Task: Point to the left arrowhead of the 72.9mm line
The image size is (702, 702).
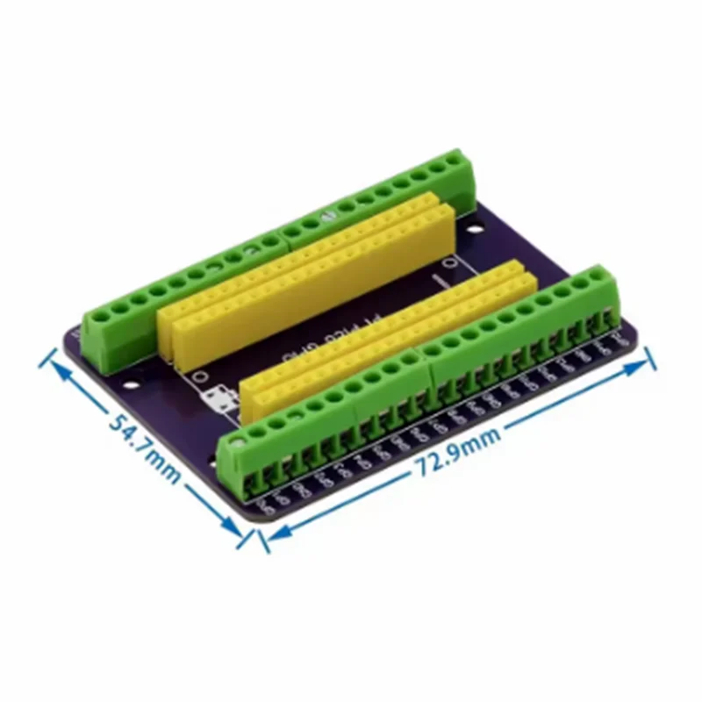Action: pos(271,536)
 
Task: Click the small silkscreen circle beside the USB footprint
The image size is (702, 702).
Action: pos(200,376)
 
